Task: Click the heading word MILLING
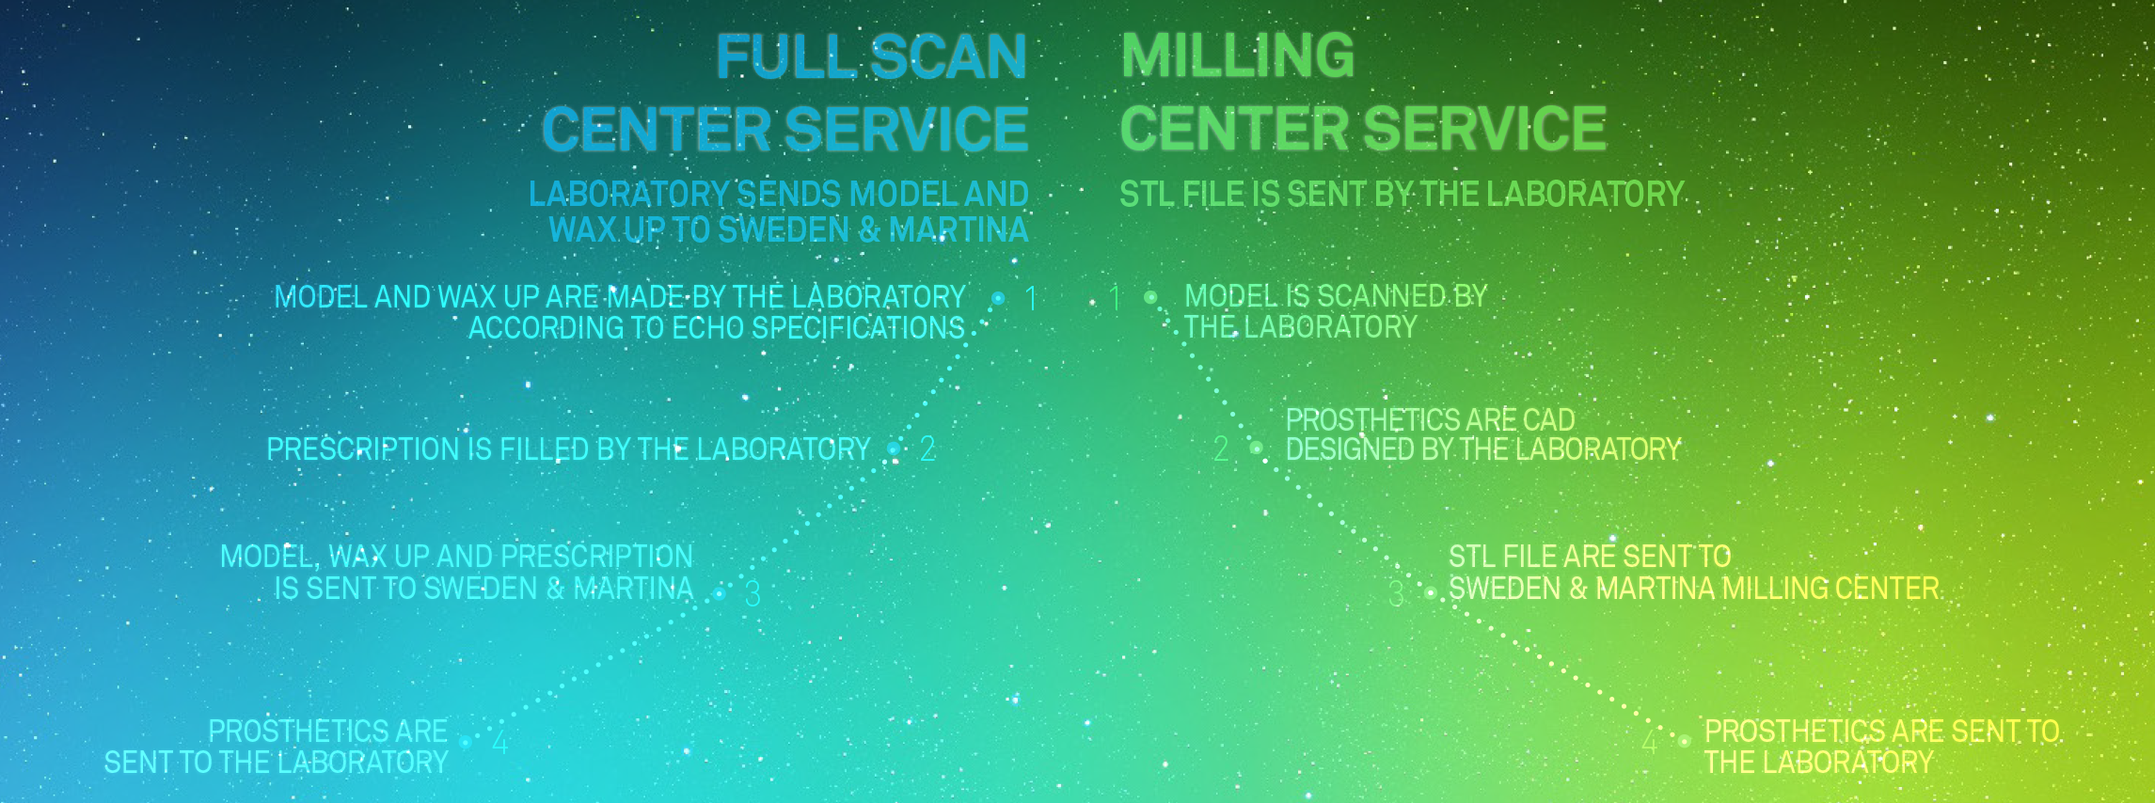pos(1238,55)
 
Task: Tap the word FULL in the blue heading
pos(786,56)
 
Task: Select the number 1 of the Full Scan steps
pos(1031,298)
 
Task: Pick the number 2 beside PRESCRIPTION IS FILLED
pos(927,449)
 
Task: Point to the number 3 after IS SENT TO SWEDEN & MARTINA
pos(753,593)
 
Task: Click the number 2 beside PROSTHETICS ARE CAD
pos(1221,449)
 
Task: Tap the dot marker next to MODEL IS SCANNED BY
pos(1150,297)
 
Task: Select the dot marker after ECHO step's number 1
pos(998,298)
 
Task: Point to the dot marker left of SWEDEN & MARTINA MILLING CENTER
pos(1431,593)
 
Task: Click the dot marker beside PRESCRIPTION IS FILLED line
pos(894,449)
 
